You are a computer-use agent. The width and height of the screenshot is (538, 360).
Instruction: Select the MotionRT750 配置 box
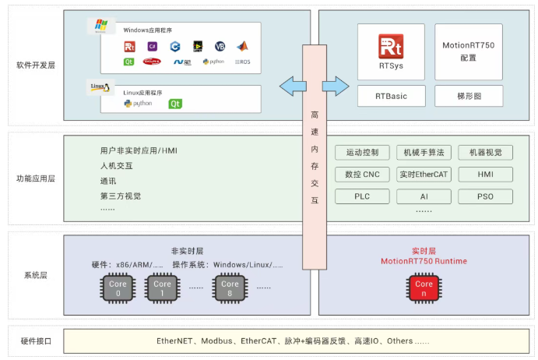pyautogui.click(x=468, y=51)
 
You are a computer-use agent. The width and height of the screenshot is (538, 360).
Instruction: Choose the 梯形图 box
pyautogui.click(x=468, y=96)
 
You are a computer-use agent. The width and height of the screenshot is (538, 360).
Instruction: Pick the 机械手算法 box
pyautogui.click(x=424, y=153)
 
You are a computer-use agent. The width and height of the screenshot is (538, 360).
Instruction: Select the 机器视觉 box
pyautogui.click(x=485, y=153)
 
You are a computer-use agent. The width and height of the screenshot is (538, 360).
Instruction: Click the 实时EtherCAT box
pyautogui.click(x=424, y=175)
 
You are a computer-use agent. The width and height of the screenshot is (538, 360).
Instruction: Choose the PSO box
pyautogui.click(x=485, y=196)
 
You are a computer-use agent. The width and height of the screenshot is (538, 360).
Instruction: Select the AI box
pyautogui.click(x=424, y=196)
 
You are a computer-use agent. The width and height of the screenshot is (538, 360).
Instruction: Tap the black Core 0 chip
pyautogui.click(x=117, y=288)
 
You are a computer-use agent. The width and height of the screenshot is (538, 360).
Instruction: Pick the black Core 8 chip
pyautogui.click(x=230, y=288)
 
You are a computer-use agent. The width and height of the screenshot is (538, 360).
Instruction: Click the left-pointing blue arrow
pyautogui.click(x=290, y=85)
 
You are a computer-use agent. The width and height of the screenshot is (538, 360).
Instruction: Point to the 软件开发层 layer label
pyautogui.click(x=36, y=65)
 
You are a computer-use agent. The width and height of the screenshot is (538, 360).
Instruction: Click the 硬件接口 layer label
pyautogui.click(x=36, y=341)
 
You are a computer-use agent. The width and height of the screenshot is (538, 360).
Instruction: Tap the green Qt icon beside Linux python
pyautogui.click(x=175, y=103)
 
